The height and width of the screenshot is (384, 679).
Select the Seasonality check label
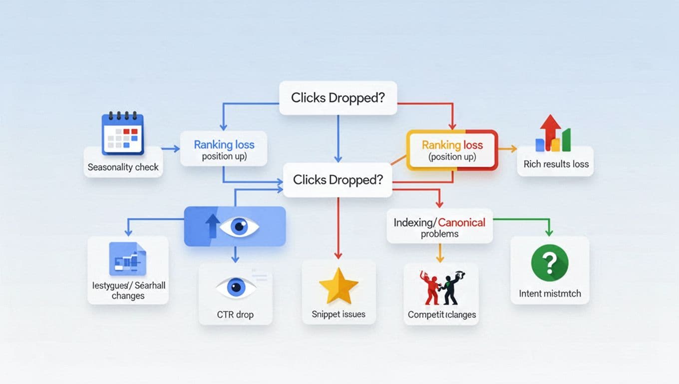pyautogui.click(x=123, y=167)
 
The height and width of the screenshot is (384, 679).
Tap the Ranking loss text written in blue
pyautogui.click(x=224, y=145)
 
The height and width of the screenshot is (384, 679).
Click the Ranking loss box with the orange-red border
pyautogui.click(x=452, y=150)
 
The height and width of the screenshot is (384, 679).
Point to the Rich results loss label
pyautogui.click(x=556, y=164)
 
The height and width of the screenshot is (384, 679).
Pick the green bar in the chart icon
pyautogui.click(x=566, y=140)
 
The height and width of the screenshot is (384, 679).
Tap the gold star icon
pyautogui.click(x=339, y=285)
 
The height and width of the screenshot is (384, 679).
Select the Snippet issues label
pyautogui.click(x=339, y=314)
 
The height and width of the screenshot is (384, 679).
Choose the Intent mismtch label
pyautogui.click(x=550, y=293)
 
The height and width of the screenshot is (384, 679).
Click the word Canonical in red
pyautogui.click(x=461, y=222)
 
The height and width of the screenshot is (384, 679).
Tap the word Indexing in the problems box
pyautogui.click(x=412, y=222)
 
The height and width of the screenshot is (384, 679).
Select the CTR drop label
pyautogui.click(x=235, y=314)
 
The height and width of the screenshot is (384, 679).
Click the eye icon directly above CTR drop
pyautogui.click(x=236, y=287)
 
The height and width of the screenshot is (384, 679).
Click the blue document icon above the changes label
pyautogui.click(x=127, y=258)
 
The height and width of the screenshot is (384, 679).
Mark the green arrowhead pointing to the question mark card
pyautogui.click(x=549, y=232)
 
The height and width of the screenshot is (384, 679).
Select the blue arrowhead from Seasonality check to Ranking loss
pyautogui.click(x=176, y=148)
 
